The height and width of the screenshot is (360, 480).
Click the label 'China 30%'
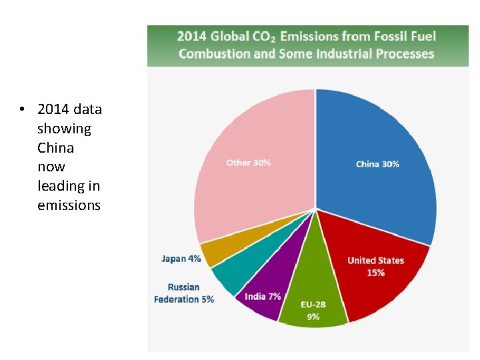click(x=377, y=164)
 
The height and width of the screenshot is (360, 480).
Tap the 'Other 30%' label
click(x=248, y=163)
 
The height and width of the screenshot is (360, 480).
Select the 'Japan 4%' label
click(x=181, y=259)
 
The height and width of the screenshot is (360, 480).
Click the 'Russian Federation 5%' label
click(x=184, y=293)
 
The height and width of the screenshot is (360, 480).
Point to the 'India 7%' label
click(x=263, y=296)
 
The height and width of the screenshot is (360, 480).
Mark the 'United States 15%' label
click(x=375, y=267)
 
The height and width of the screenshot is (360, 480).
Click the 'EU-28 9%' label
click(x=313, y=311)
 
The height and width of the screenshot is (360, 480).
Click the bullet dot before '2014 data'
click(x=22, y=109)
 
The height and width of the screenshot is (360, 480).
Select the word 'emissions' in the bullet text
click(x=69, y=205)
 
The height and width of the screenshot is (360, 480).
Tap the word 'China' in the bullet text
click(x=55, y=147)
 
